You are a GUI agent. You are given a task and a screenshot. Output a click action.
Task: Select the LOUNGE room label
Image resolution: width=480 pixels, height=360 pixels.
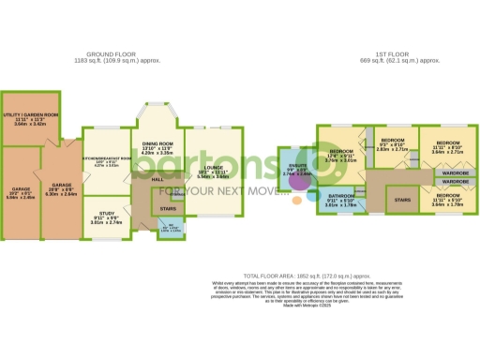point(213,172)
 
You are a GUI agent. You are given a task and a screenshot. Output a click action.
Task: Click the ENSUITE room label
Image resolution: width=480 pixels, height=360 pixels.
point(296,170)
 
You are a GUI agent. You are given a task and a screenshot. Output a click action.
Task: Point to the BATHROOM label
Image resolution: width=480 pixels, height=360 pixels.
point(339,200)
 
